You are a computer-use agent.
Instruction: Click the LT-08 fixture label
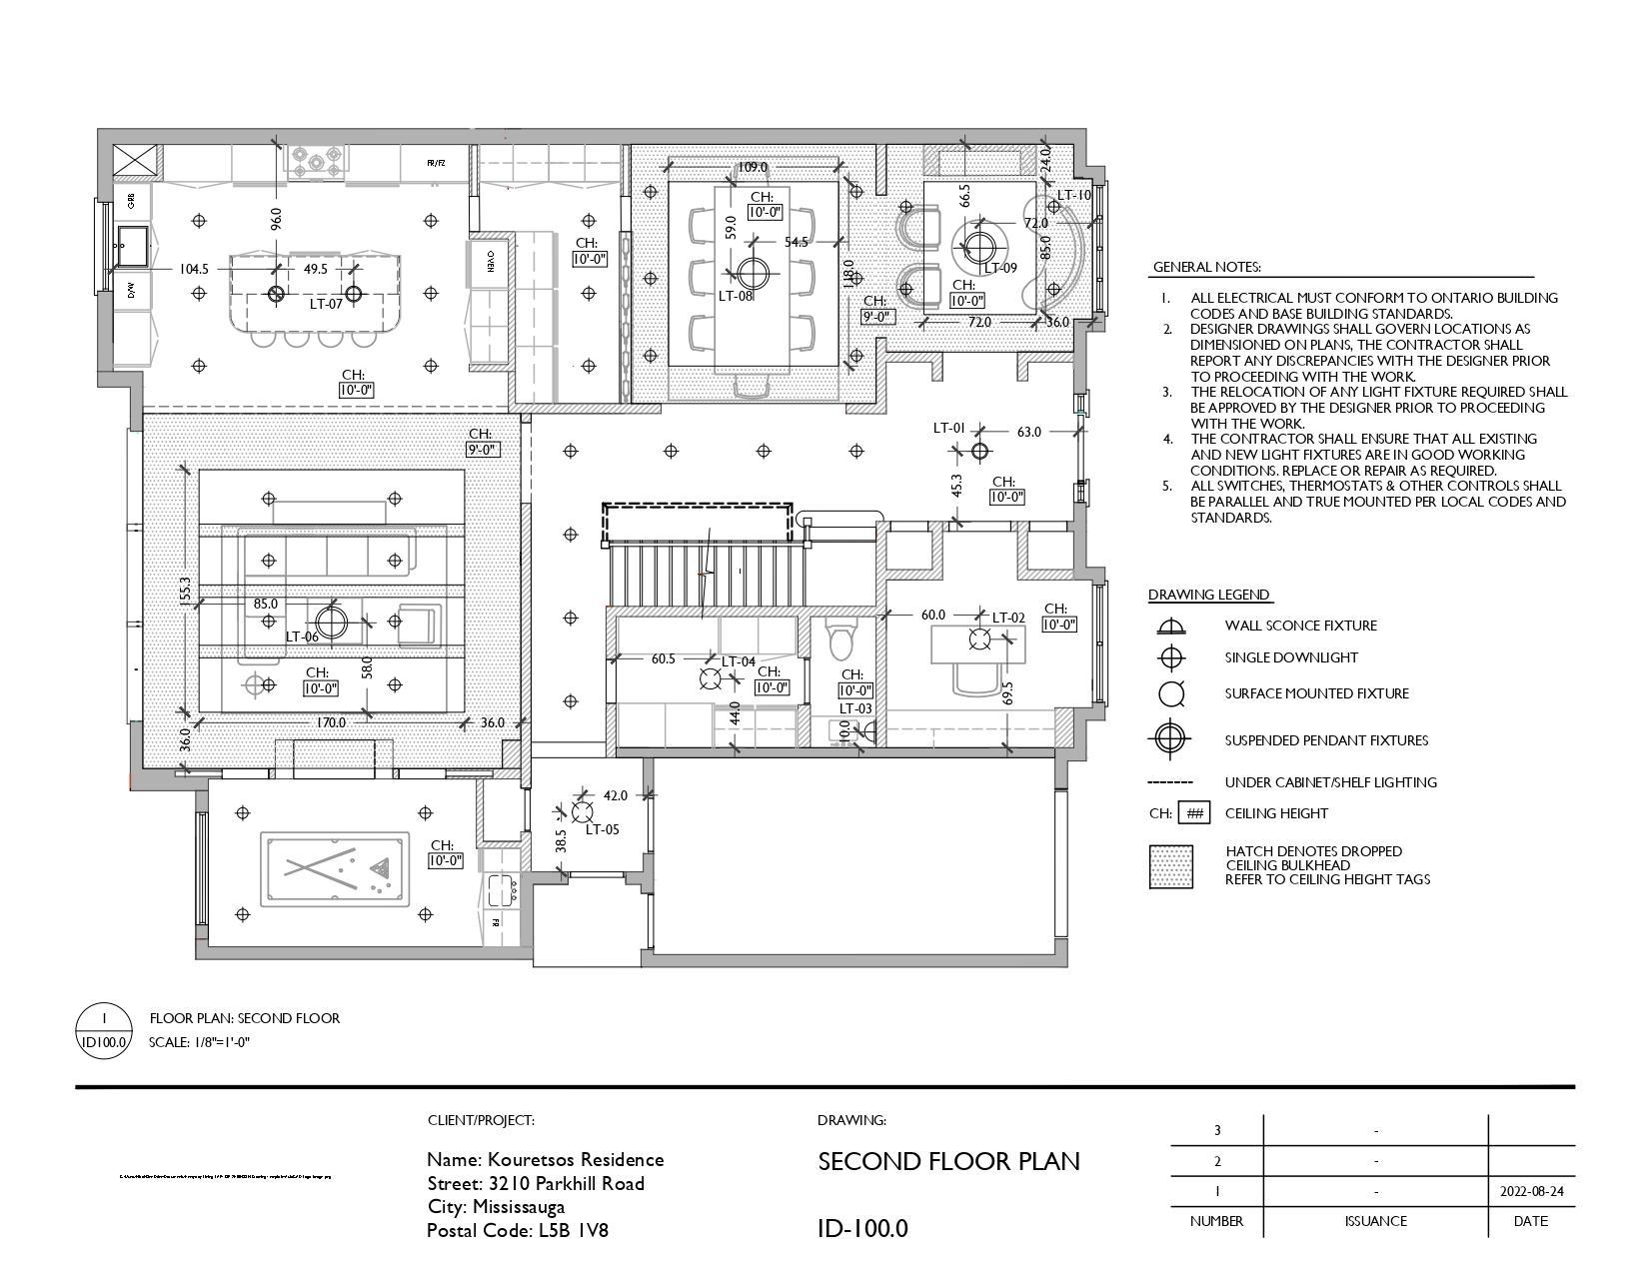click(x=735, y=296)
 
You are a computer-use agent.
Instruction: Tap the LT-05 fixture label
click(x=602, y=829)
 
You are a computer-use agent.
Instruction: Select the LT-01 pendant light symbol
click(x=979, y=452)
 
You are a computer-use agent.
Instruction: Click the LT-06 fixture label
click(x=302, y=637)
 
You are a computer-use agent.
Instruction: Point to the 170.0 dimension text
click(x=331, y=722)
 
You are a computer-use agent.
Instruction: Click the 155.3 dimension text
click(x=185, y=590)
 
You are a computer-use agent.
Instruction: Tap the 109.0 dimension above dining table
click(x=752, y=168)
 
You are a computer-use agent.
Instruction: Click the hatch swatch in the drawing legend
click(x=1170, y=866)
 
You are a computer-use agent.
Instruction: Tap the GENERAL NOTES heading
click(x=1206, y=268)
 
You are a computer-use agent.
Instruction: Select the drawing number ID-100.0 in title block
click(x=862, y=1229)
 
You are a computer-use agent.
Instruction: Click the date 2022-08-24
click(x=1531, y=1192)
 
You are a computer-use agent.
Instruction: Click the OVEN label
click(x=491, y=261)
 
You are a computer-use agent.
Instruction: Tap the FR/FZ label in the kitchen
click(x=436, y=163)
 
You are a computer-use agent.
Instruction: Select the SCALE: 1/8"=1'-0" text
click(x=199, y=1042)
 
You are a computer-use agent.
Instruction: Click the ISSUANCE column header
click(x=1375, y=1221)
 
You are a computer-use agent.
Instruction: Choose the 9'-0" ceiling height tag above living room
click(x=482, y=450)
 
